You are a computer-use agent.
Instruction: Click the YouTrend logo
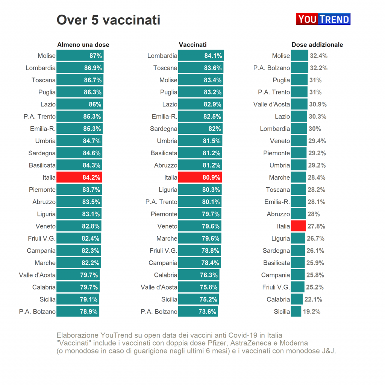(323, 19)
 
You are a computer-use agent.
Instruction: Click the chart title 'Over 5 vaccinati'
(108, 20)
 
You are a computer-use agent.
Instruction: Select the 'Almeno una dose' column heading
(83, 45)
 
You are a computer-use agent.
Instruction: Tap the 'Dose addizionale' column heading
(317, 45)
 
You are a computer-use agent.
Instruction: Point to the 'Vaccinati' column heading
(192, 45)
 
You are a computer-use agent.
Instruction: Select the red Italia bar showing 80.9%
(200, 177)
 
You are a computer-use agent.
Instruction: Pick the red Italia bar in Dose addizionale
(298, 226)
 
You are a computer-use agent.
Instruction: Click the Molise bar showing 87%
(80, 56)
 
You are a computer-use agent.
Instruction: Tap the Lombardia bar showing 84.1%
(201, 56)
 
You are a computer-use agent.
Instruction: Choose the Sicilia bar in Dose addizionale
(296, 312)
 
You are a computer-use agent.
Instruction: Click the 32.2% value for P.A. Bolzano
(318, 68)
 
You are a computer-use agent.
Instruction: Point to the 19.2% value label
(312, 312)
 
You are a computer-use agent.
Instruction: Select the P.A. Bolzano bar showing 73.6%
(198, 312)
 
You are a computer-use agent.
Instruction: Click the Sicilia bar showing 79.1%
(78, 300)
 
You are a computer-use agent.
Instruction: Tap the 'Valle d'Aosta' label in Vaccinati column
(159, 287)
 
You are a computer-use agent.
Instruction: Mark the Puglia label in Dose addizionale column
(281, 80)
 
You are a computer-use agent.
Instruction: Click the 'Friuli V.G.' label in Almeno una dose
(41, 238)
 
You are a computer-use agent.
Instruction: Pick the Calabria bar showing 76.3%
(199, 275)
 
